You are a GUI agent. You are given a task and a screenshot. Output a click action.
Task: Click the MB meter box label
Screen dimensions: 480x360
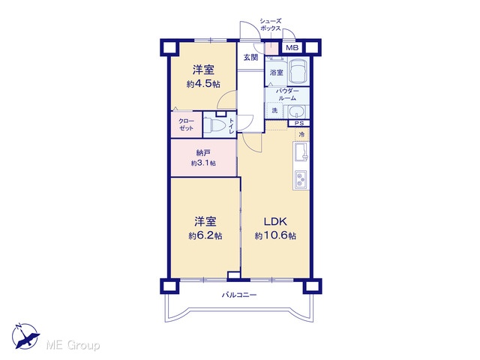click(292, 48)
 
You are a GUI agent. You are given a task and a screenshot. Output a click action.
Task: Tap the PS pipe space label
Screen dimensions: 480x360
click(299, 123)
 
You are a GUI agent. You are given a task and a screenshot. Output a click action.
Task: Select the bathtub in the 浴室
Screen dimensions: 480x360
click(298, 71)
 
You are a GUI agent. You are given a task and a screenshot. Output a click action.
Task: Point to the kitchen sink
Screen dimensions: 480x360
click(301, 152)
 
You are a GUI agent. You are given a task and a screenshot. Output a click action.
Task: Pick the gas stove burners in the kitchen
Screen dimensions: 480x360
click(301, 179)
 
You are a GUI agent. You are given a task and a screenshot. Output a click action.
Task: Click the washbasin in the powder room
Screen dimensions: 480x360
click(296, 112)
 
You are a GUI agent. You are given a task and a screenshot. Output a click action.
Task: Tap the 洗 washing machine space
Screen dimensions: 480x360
click(275, 110)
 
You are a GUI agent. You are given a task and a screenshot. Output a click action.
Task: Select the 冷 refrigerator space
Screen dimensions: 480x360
click(301, 134)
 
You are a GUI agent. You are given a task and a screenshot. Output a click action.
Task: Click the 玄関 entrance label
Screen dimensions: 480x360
click(250, 57)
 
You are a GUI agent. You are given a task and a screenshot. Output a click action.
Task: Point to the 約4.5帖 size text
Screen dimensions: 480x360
click(203, 84)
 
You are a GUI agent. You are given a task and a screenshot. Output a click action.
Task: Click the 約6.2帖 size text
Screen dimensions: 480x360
click(205, 235)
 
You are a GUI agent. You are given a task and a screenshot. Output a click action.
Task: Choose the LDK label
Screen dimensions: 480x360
click(275, 221)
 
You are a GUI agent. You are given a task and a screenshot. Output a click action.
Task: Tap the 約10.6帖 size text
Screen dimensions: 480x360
click(275, 235)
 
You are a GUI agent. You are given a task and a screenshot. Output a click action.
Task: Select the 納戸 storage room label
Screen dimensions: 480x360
click(203, 153)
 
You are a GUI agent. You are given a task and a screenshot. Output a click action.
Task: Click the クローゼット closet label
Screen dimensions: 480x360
click(186, 124)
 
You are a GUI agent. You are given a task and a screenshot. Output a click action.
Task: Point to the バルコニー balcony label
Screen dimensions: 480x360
click(239, 295)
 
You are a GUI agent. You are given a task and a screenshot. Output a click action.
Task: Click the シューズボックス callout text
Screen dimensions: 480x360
click(270, 25)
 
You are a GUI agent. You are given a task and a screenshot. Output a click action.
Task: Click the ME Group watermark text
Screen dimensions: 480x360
click(73, 345)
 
